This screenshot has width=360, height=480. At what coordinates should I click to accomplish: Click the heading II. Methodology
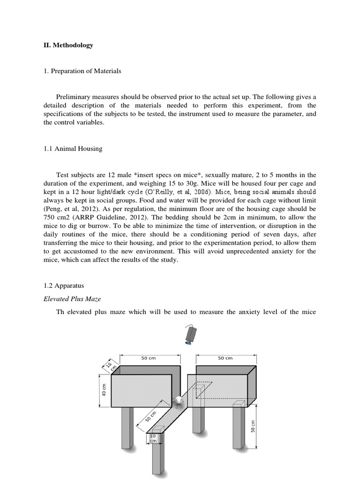[68, 45]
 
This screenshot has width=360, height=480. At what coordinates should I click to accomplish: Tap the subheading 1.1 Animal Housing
[73, 149]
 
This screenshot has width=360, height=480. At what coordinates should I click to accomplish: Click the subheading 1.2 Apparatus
[64, 285]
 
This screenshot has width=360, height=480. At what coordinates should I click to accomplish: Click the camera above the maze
[190, 335]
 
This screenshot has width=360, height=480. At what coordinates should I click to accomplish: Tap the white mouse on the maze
[179, 401]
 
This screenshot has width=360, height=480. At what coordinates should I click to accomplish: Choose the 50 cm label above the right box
[225, 358]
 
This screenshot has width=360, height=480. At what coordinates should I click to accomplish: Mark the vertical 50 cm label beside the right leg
[254, 426]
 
